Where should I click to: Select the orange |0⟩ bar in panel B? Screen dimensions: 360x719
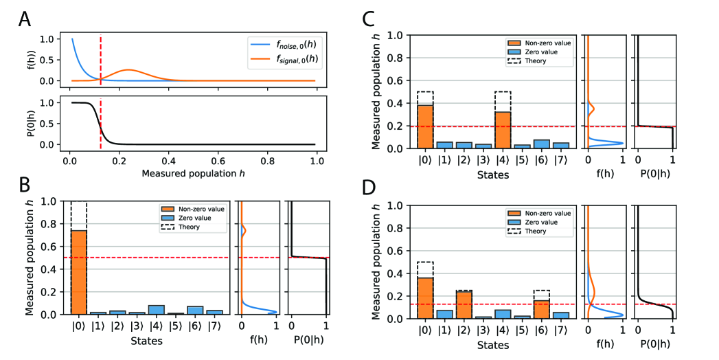79,271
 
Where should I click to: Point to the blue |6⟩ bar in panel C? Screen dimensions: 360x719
543,144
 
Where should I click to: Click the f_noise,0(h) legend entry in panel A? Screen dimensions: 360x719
295,46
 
